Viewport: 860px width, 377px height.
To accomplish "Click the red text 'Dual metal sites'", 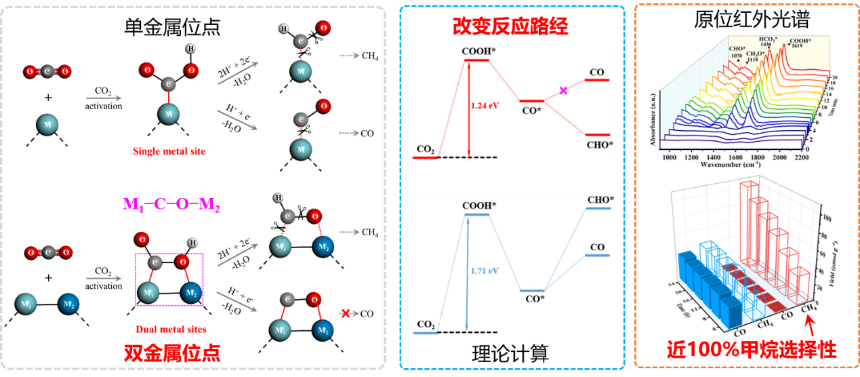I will click(171, 330).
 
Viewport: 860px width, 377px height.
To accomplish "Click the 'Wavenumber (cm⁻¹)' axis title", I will click(729, 167).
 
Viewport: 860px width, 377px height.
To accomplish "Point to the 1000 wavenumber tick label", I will click(670, 157).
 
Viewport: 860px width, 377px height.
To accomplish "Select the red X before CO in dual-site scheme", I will click(346, 314).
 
